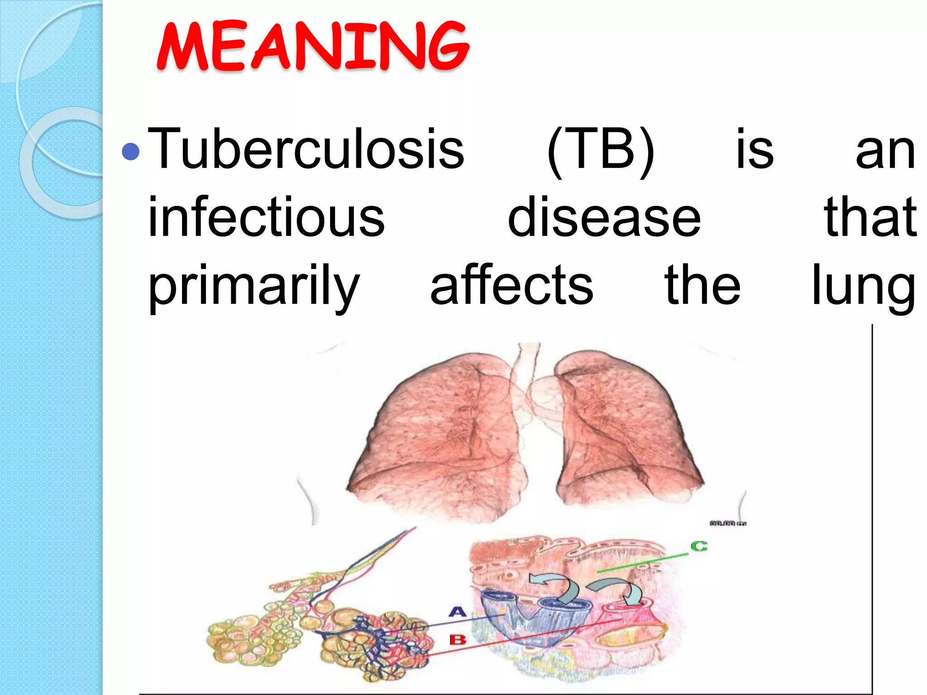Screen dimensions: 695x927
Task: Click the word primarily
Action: click(x=254, y=286)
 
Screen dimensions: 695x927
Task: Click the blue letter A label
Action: click(x=458, y=612)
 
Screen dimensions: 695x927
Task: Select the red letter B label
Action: click(x=458, y=640)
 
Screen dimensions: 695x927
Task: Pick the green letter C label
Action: click(x=699, y=546)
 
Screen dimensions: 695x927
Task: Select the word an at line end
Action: click(x=885, y=152)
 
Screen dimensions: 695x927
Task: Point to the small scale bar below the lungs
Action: click(x=728, y=524)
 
